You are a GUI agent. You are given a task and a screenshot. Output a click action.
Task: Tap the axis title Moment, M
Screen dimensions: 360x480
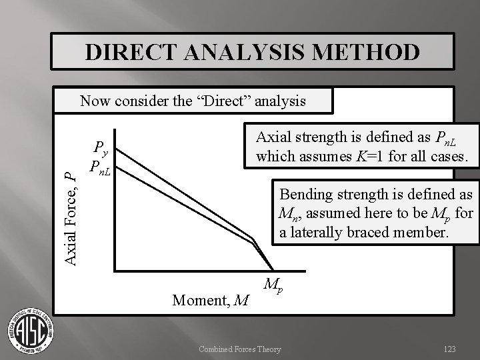click(211, 301)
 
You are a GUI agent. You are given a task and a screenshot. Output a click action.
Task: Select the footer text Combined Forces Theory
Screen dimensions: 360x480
click(241, 349)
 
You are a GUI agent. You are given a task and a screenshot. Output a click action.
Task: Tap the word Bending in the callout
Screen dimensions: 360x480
click(303, 195)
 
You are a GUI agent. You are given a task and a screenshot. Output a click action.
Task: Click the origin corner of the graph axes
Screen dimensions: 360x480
click(114, 270)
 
